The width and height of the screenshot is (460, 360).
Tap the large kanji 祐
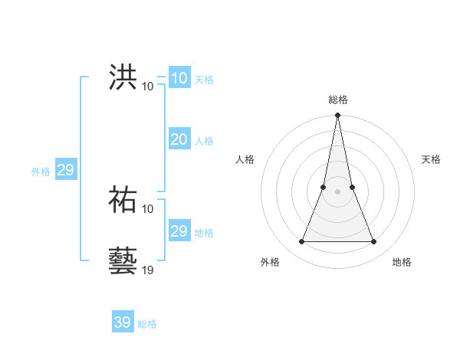click(x=123, y=200)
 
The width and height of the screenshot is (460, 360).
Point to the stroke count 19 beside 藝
click(x=148, y=270)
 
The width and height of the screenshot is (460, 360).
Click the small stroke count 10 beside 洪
click(x=148, y=86)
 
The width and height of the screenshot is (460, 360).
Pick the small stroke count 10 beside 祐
click(x=148, y=208)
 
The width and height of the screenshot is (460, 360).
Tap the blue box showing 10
click(x=179, y=78)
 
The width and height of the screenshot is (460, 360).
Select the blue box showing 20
click(x=179, y=139)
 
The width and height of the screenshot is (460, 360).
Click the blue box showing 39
click(x=122, y=322)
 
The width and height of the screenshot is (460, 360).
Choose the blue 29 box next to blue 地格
click(x=179, y=231)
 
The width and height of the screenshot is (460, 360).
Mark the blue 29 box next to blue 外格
click(x=65, y=170)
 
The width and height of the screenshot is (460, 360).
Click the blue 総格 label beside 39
click(x=147, y=324)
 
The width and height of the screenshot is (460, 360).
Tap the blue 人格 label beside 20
click(x=204, y=141)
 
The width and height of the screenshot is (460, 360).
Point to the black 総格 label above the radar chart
click(x=338, y=100)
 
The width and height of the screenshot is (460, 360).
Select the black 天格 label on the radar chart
click(x=432, y=159)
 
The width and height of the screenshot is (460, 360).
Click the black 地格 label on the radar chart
click(x=402, y=262)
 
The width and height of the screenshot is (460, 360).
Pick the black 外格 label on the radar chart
click(x=270, y=262)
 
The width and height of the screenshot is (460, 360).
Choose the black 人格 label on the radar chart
click(x=245, y=159)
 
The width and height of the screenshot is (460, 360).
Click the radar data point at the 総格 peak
click(x=338, y=116)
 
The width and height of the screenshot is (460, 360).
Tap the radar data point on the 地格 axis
click(x=374, y=242)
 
